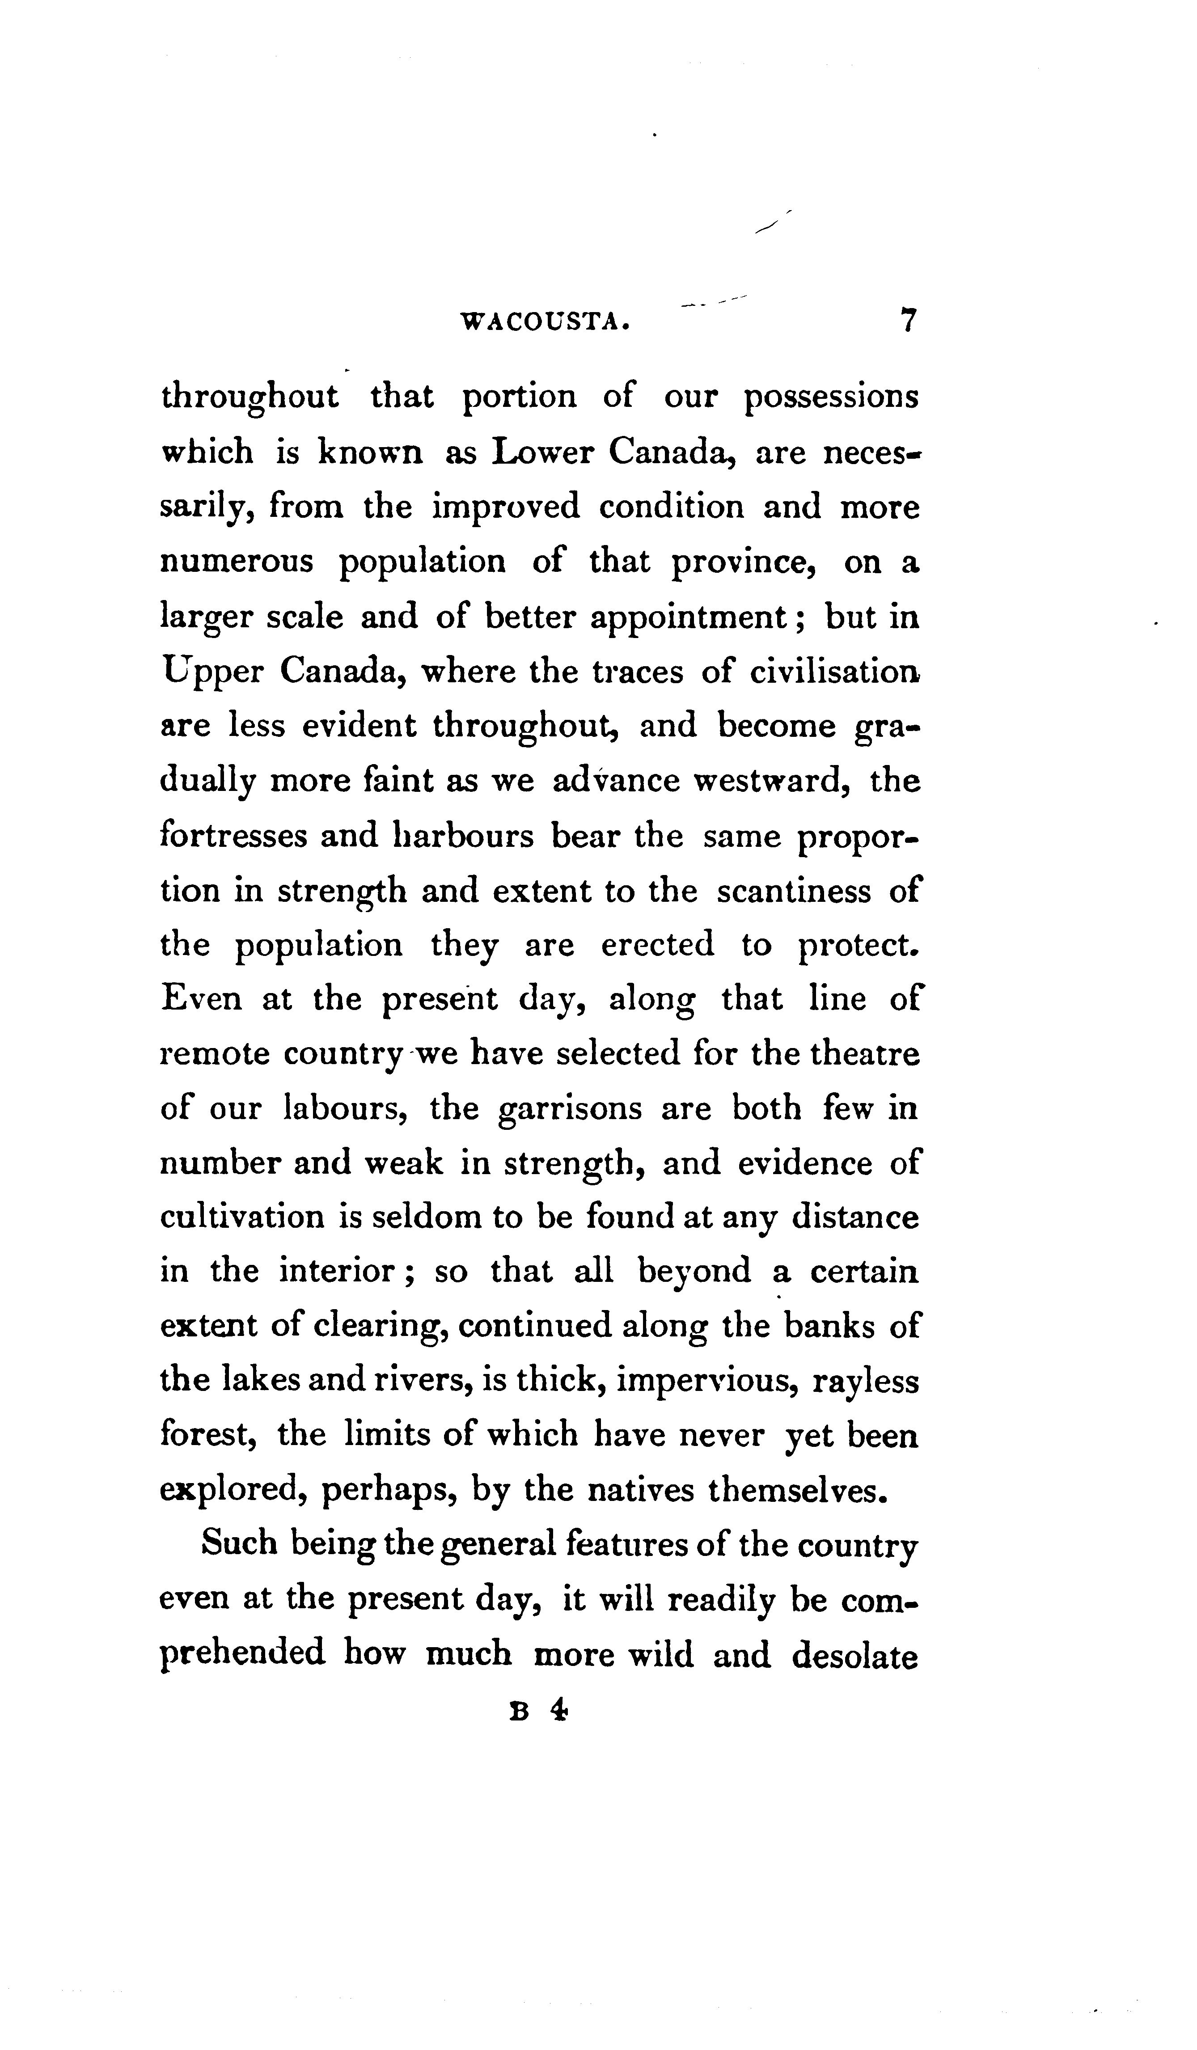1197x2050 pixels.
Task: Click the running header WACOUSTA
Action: point(545,322)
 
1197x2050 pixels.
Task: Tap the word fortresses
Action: point(233,836)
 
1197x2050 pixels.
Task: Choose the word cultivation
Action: point(241,1218)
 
